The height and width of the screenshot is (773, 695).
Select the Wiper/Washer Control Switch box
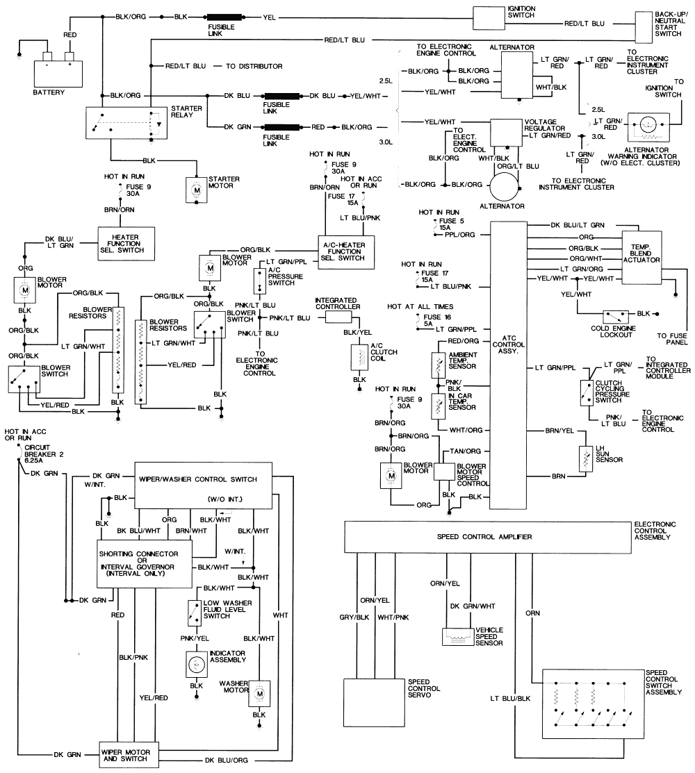(207, 484)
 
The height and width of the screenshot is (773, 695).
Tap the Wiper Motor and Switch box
(128, 755)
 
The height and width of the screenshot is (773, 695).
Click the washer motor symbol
(260, 692)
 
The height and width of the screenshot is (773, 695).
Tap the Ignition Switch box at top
(502, 17)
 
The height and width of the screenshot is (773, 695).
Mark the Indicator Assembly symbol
(195, 665)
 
